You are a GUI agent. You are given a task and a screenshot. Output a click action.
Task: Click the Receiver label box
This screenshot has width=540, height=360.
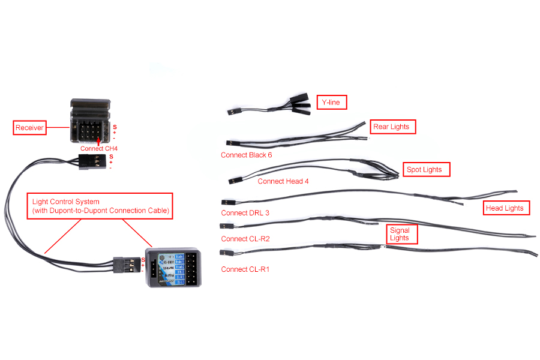30,127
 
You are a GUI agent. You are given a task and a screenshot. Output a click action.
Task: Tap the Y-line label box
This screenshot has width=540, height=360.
331,103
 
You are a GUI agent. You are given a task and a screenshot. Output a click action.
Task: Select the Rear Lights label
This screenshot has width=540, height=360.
391,127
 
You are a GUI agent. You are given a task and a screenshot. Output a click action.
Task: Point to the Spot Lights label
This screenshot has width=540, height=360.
425,170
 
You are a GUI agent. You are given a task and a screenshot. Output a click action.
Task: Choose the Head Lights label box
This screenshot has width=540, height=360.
505,208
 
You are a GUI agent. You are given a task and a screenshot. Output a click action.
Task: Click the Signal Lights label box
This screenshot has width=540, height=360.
400,234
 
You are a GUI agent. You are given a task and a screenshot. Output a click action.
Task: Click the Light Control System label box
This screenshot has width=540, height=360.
100,206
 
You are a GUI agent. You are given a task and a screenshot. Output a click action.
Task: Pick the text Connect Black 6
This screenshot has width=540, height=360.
246,155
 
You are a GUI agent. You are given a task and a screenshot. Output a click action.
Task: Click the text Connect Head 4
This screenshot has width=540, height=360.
283,181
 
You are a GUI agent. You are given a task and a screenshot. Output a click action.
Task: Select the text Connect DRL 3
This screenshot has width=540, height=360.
245,213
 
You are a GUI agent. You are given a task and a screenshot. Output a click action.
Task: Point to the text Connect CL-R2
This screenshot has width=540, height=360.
245,239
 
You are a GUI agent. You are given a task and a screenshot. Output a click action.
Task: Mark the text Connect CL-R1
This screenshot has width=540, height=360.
245,269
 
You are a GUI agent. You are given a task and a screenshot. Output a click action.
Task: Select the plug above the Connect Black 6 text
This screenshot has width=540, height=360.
233,143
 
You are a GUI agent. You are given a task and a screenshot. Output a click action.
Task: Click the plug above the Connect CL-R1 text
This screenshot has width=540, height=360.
227,254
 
